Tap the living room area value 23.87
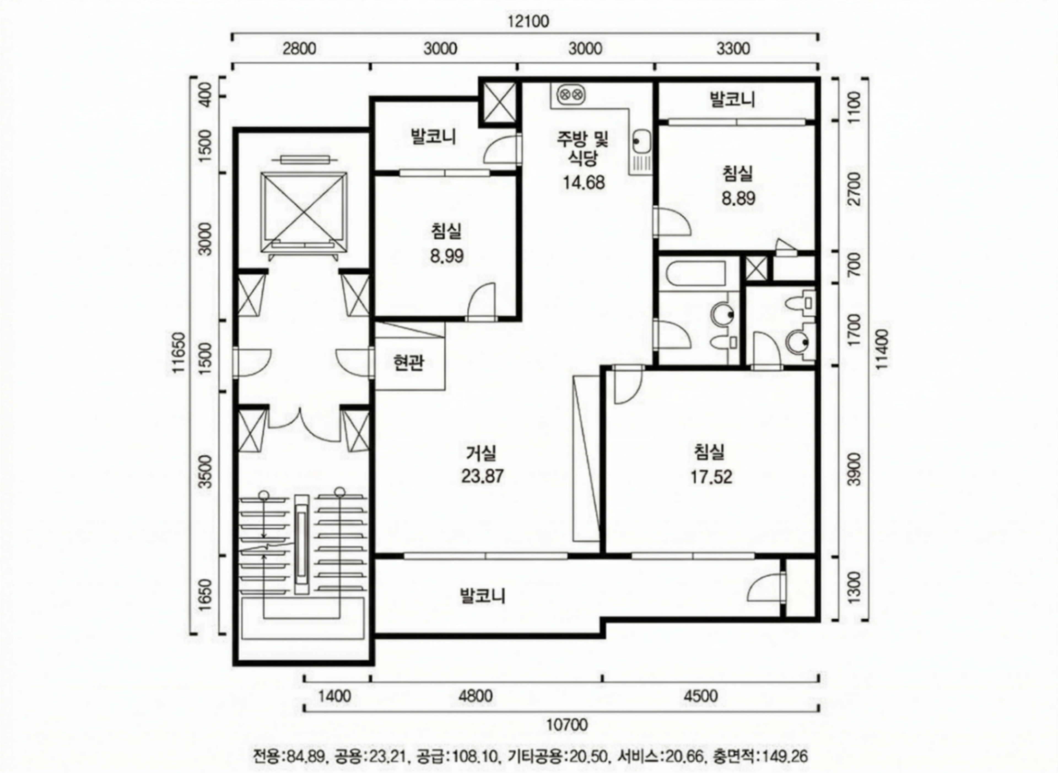point(482,476)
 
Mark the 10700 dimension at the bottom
point(567,725)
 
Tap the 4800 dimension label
point(476,696)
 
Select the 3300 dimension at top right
point(733,48)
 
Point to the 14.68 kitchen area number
point(584,182)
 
